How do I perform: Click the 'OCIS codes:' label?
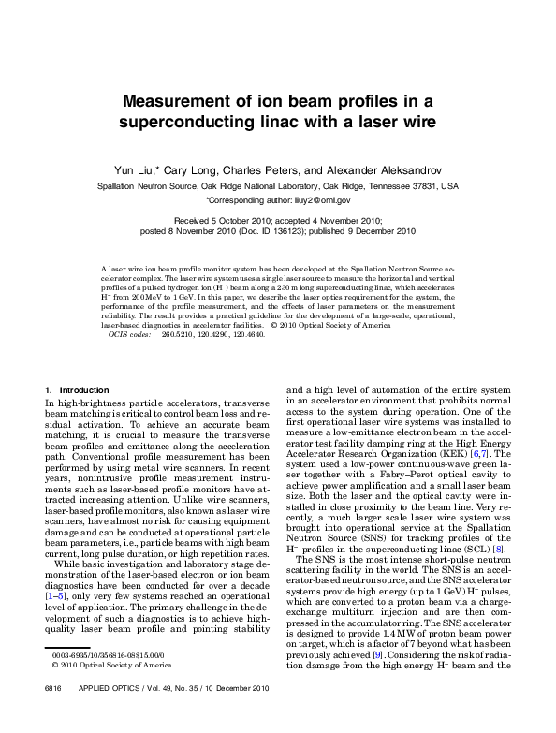[x=129, y=333]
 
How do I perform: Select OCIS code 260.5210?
[x=177, y=333]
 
